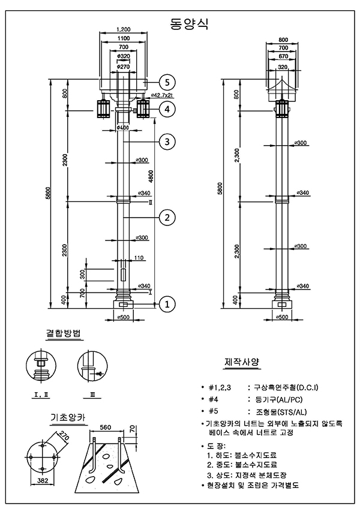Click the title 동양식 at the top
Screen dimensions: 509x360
pos(188,23)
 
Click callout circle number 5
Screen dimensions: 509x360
pos(167,82)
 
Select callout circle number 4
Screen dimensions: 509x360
pos(167,109)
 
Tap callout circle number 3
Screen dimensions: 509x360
pos(167,141)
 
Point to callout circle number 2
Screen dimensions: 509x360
pos(167,218)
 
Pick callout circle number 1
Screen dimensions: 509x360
pos(167,304)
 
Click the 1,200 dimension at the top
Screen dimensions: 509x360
pos(124,29)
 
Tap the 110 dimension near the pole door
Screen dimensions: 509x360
pos(139,258)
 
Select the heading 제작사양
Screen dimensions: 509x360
pos(242,362)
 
